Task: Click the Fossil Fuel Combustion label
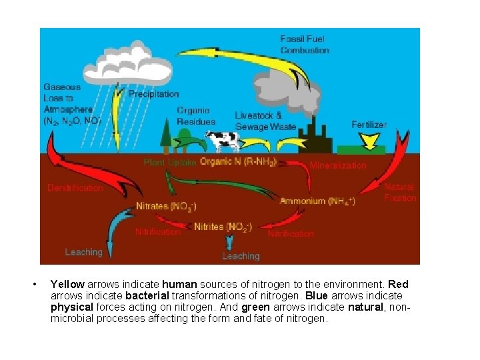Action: (x=305, y=45)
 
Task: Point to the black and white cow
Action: (x=223, y=140)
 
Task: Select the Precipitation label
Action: (x=153, y=94)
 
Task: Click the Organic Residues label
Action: (x=196, y=116)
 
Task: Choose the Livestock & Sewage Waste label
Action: (x=265, y=121)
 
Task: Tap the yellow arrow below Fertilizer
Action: (x=367, y=140)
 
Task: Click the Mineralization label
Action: (x=338, y=165)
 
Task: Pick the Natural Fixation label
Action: (x=399, y=192)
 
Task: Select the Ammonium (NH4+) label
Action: (x=317, y=201)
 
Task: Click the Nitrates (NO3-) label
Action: (x=166, y=206)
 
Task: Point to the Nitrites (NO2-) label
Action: (x=223, y=227)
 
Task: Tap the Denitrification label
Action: (x=75, y=188)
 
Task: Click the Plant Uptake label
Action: (x=170, y=162)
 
